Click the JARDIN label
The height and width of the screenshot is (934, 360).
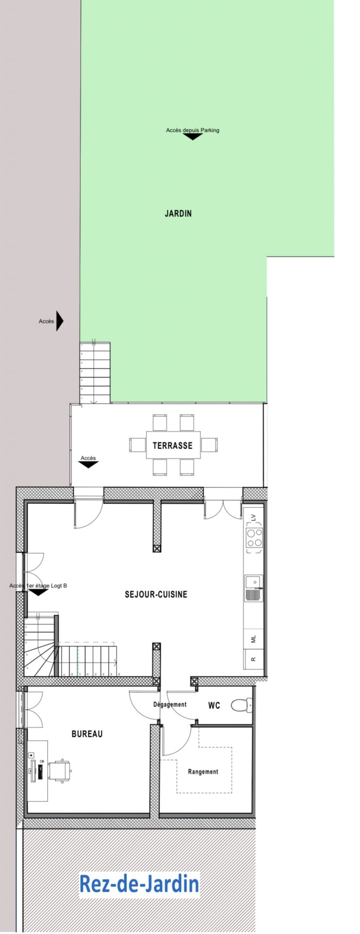click(178, 213)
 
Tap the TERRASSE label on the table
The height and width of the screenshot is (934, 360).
click(173, 445)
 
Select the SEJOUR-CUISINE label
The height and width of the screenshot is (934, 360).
click(156, 594)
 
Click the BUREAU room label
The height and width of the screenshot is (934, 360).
click(87, 734)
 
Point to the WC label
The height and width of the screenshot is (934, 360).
click(214, 705)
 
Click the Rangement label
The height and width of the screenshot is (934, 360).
click(203, 772)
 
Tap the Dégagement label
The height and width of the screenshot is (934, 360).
click(170, 704)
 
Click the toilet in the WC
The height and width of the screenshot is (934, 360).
click(241, 704)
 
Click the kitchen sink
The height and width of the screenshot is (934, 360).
click(254, 588)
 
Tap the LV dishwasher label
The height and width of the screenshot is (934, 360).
click(253, 518)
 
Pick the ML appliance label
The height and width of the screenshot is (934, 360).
click(253, 639)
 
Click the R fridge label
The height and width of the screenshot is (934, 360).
click(253, 659)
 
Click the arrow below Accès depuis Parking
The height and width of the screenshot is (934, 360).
click(193, 137)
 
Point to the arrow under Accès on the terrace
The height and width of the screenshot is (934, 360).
click(88, 465)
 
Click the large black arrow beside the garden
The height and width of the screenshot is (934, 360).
click(60, 321)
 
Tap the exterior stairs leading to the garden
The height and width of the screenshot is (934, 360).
click(95, 373)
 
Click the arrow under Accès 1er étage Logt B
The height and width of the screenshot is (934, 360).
click(37, 593)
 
